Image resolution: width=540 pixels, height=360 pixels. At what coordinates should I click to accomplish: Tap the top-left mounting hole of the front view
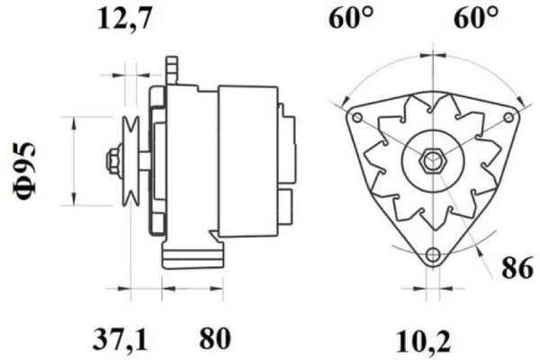point(357,119)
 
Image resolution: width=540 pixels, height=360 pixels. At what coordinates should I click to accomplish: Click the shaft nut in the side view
point(113,162)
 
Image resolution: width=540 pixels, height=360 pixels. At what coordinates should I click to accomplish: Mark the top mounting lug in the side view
point(170,70)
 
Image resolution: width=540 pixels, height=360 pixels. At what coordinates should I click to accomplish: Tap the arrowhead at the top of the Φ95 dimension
point(73,120)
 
